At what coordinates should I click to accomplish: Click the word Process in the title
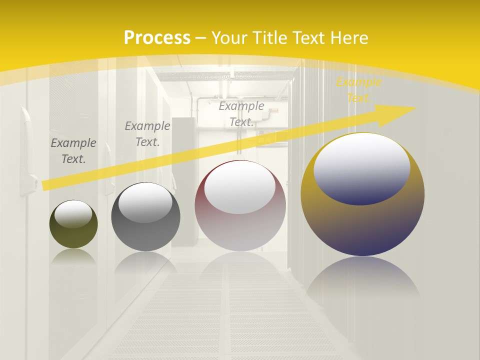157,38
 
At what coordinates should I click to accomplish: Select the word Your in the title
231,38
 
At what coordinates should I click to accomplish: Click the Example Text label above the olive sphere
73,151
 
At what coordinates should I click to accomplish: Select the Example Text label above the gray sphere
147,134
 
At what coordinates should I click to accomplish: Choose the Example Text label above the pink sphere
241,114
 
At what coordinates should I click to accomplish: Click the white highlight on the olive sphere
73,214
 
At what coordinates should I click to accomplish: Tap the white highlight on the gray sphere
145,202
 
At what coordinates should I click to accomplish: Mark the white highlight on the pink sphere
240,188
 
